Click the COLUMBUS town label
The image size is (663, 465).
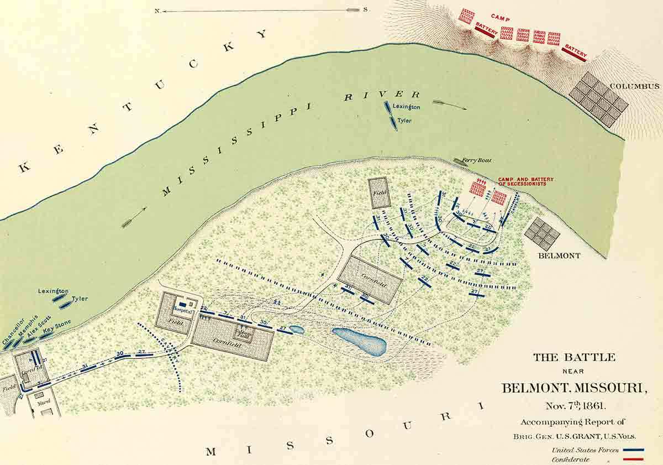coord(635,86)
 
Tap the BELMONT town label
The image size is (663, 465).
coord(560,256)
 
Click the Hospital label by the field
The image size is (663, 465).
coord(182,312)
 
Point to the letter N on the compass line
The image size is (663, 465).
coord(157,11)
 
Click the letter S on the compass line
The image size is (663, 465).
coord(365,10)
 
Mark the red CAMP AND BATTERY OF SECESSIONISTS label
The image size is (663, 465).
coord(525,181)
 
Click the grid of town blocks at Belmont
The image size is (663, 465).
coord(542,233)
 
